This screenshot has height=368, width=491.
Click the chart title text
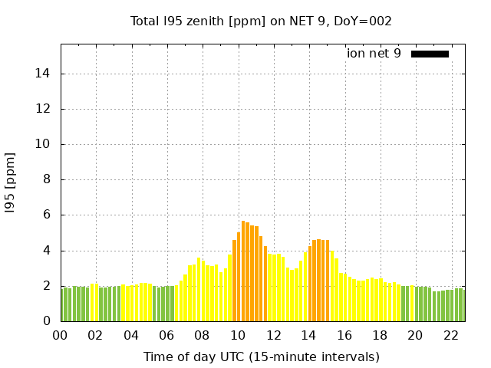pos(261,21)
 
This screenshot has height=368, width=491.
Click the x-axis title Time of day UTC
pos(261,356)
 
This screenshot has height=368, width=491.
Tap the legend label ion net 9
pos(374,54)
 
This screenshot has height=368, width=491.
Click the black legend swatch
pos(430,54)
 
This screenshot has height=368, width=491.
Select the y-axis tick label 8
pos(47,180)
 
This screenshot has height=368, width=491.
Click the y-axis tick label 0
pos(47,321)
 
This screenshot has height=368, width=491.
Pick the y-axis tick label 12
pos(44,109)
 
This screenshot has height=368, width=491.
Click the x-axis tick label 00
pos(60,335)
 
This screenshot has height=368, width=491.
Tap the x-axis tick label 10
pos(238,335)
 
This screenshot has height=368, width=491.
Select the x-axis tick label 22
pos(451,335)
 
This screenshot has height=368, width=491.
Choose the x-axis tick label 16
pos(344,335)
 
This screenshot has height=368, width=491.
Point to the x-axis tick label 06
pos(166,335)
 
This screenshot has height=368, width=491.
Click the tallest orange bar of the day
pos(243,271)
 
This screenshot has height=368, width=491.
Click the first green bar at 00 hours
pos(62,304)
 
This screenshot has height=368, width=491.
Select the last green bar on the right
pos(461,305)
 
